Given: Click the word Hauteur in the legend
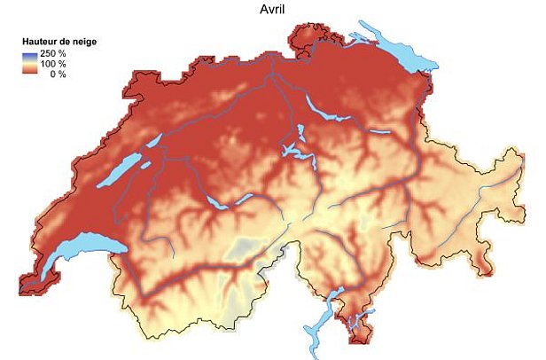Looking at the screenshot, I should pyautogui.click(x=42, y=42).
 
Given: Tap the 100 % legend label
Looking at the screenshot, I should pyautogui.click(x=54, y=65).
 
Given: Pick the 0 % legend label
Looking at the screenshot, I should pyautogui.click(x=58, y=74).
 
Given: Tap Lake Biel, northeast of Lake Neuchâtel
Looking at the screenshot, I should pyautogui.click(x=152, y=142).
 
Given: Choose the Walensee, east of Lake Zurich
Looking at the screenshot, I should pyautogui.click(x=379, y=132).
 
